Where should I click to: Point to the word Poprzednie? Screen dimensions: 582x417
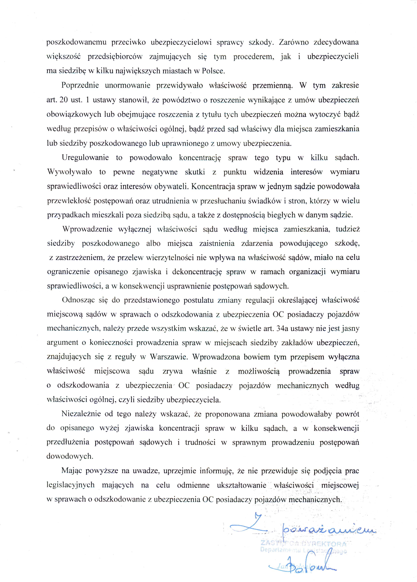(80, 85)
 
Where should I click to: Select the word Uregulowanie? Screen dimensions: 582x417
(85, 158)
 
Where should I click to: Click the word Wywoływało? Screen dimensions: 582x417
(70, 172)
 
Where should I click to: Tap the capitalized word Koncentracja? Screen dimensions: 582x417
(213, 186)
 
